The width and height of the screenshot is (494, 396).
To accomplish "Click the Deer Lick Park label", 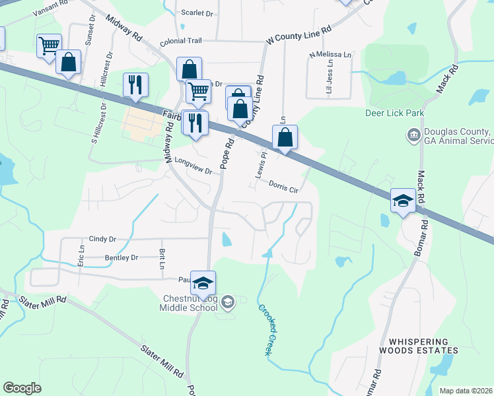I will point(395,113).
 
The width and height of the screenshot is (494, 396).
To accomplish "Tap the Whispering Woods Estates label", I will point(418,347).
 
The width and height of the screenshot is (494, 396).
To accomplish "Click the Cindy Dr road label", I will point(102,239).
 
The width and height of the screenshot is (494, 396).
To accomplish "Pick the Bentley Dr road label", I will point(121,257).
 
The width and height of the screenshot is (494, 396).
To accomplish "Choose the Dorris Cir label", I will point(285,187).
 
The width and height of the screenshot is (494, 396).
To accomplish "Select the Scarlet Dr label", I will point(197,13).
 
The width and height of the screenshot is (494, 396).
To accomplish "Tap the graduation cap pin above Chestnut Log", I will point(203,282).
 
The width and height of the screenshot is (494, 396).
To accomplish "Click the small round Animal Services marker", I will point(413,136).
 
